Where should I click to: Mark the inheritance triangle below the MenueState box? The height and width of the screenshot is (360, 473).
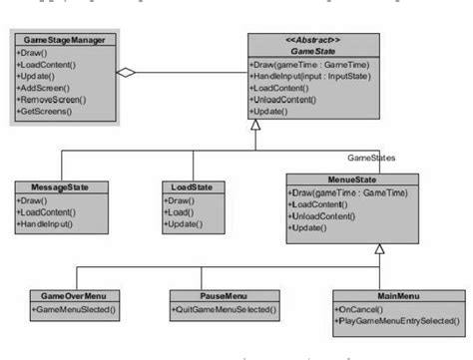pyautogui.click(x=378, y=250)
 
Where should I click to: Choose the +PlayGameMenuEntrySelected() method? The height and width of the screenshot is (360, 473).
pyautogui.click(x=390, y=320)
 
